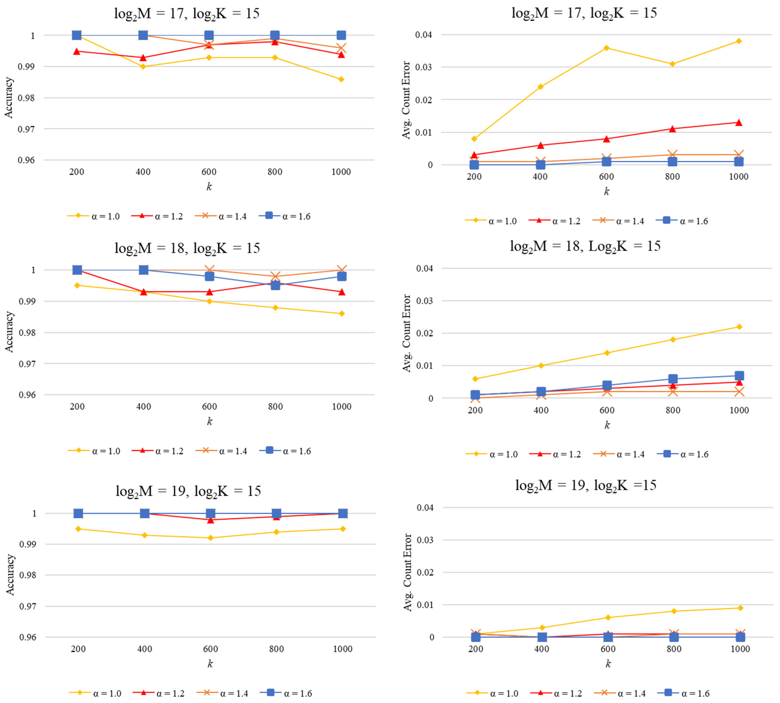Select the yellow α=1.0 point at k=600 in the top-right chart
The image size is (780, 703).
click(606, 48)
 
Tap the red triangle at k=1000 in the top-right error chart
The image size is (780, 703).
click(738, 122)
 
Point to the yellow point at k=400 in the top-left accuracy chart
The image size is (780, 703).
click(143, 66)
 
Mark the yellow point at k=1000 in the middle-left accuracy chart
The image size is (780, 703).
click(342, 314)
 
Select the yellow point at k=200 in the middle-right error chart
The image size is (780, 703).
click(475, 378)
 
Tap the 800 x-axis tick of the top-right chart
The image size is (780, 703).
click(672, 176)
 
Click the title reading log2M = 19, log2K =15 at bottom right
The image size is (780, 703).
click(585, 485)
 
